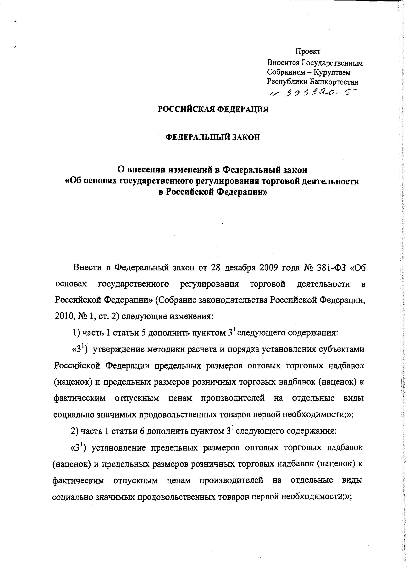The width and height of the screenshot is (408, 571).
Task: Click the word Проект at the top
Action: pos(308,51)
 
